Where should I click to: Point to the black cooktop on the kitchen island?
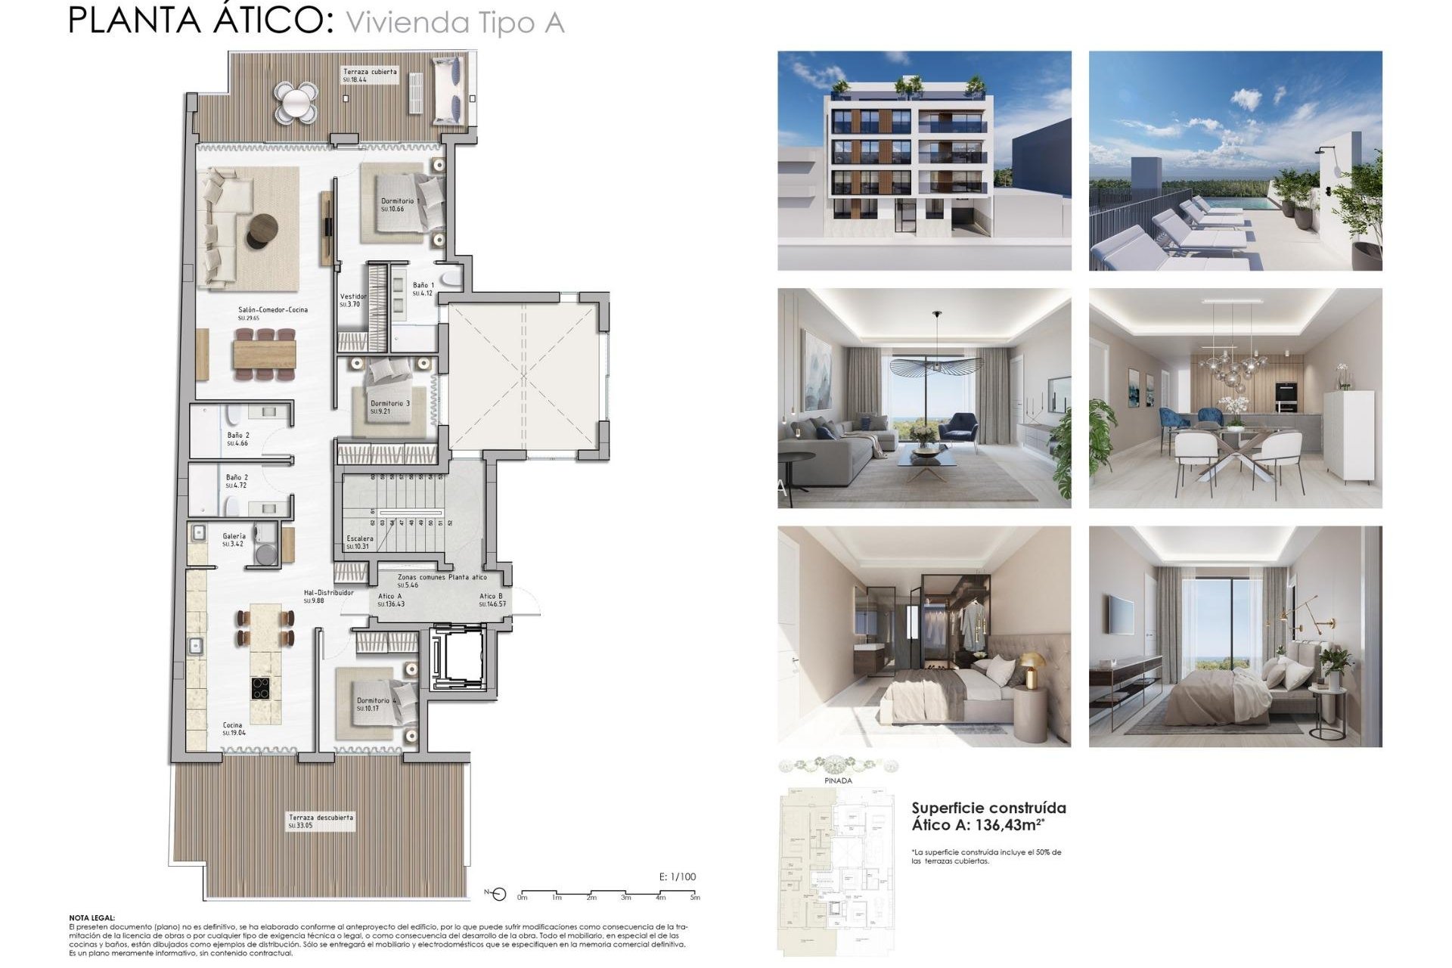262,688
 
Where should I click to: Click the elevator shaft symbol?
456,658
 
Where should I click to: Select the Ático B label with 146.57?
492,600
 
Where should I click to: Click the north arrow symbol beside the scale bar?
498,895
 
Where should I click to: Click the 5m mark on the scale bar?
695,897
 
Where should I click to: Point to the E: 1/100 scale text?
677,877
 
